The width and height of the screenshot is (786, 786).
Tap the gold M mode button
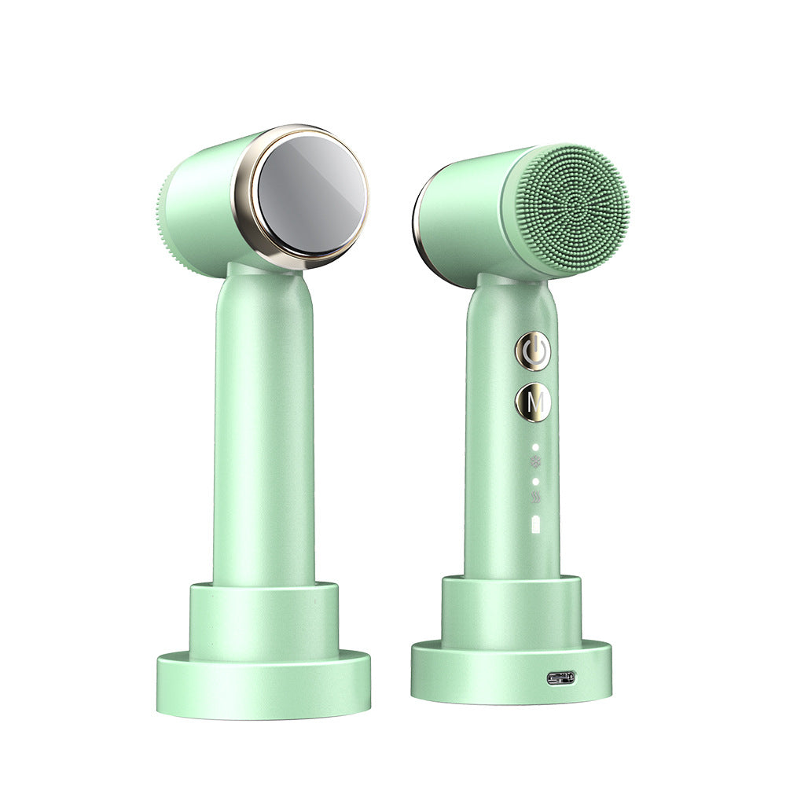pos(533,402)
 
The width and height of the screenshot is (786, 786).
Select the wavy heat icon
pos(536,498)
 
